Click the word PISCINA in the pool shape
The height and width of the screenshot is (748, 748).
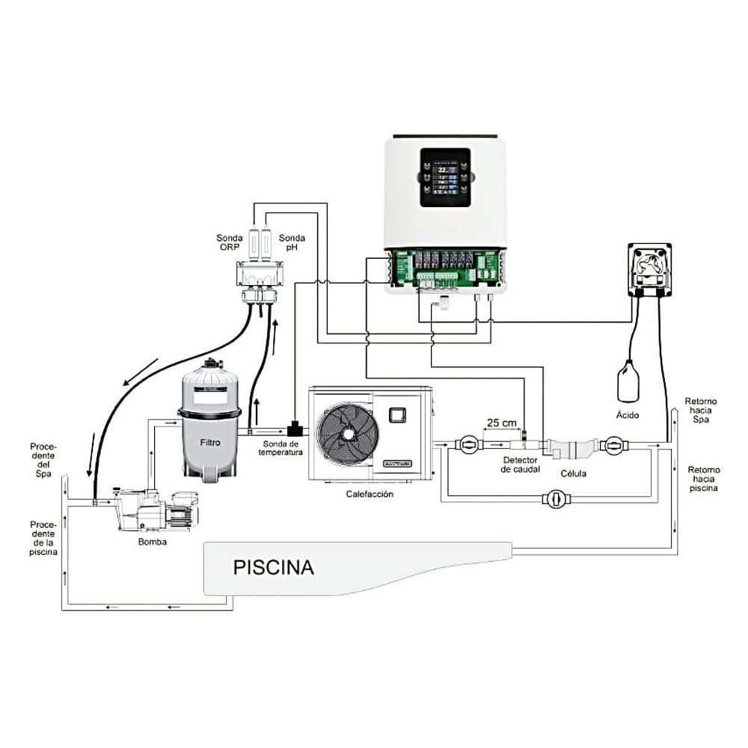[x=273, y=566]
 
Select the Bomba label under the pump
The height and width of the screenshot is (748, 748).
[x=152, y=542]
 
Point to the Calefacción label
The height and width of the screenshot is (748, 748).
[x=370, y=494]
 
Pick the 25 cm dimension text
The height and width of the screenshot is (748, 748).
[x=501, y=423]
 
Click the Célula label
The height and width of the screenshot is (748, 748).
[x=574, y=473]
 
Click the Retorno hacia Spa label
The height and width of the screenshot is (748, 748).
[x=702, y=411]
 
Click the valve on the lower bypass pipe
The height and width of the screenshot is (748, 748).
[x=555, y=499]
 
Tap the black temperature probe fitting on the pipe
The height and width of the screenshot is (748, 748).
[x=296, y=429]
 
